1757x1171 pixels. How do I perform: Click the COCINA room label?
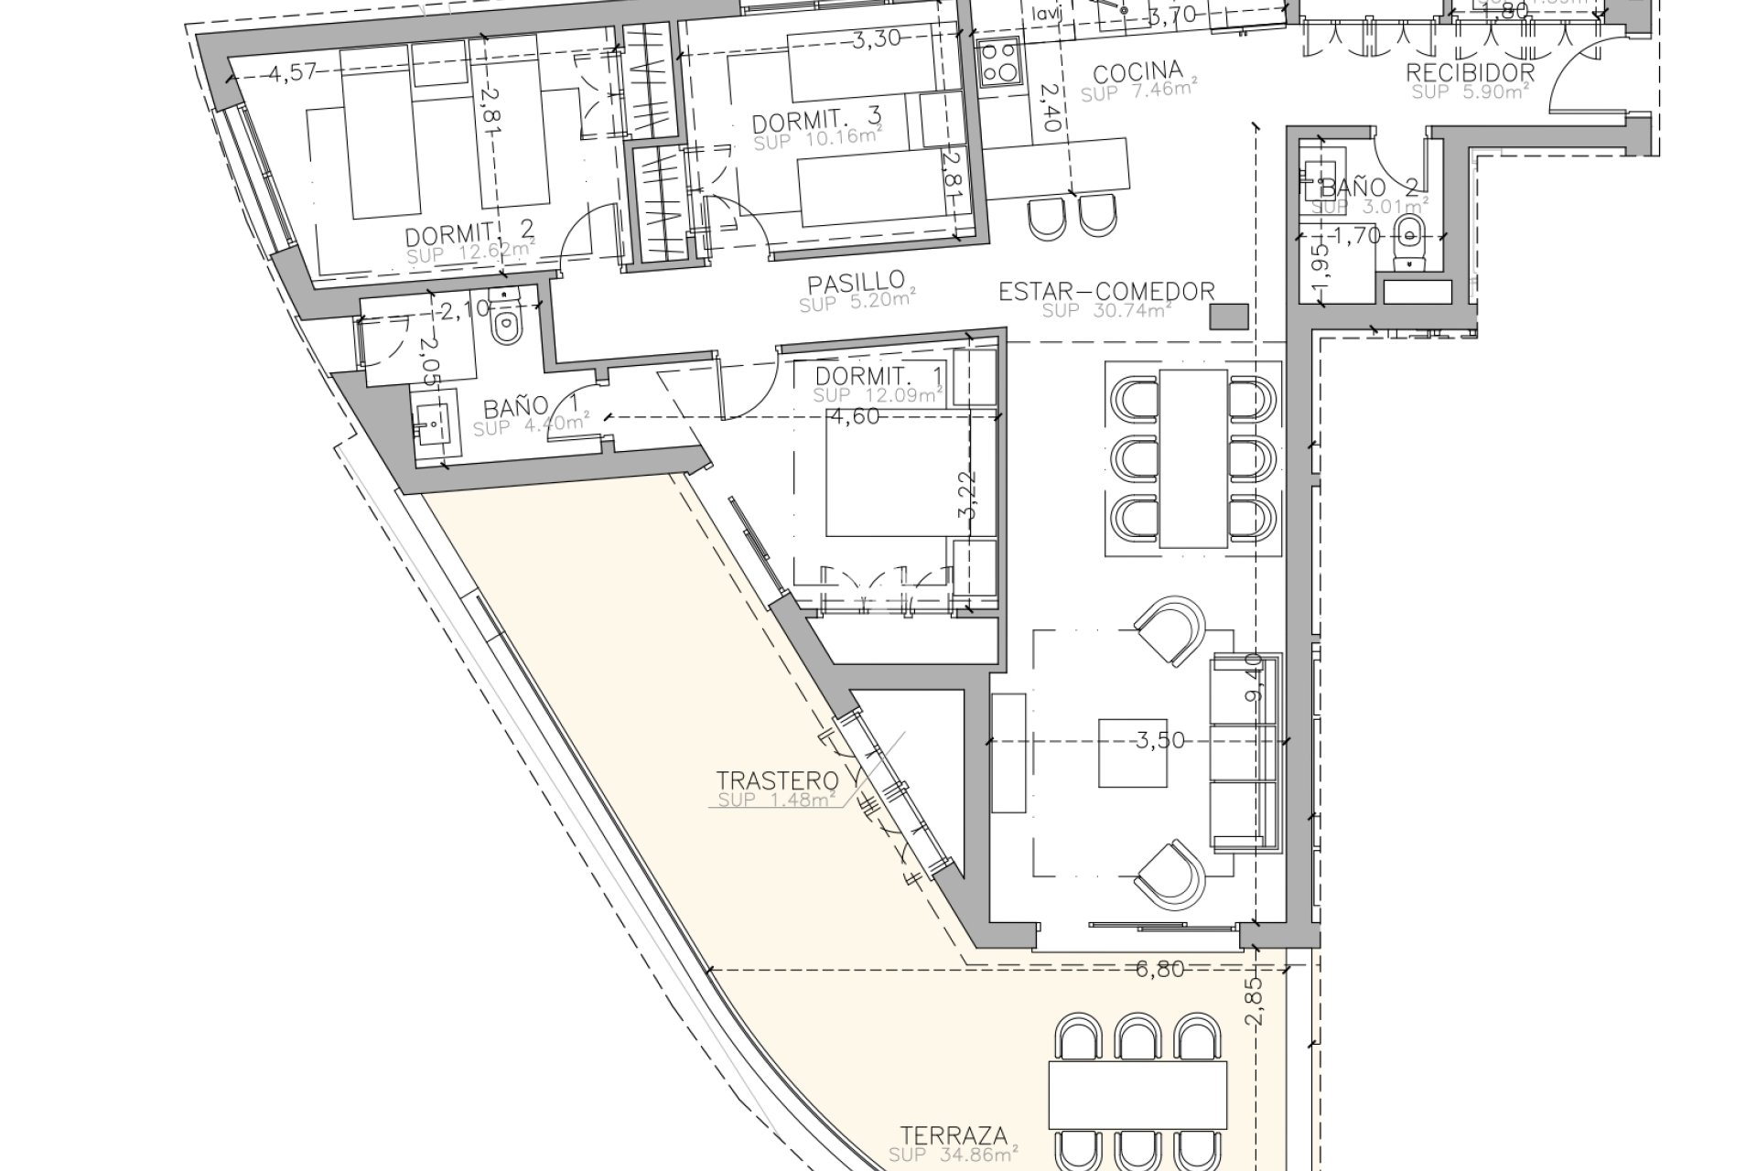[1138, 71]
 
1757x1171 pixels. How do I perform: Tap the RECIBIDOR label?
[1470, 73]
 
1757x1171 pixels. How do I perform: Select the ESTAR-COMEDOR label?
[1106, 292]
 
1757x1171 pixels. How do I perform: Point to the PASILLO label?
[857, 281]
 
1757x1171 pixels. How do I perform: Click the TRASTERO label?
[777, 780]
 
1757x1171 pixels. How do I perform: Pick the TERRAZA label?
[953, 1136]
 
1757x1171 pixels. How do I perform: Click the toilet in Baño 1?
[504, 320]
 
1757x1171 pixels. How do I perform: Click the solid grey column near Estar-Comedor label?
[1228, 317]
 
